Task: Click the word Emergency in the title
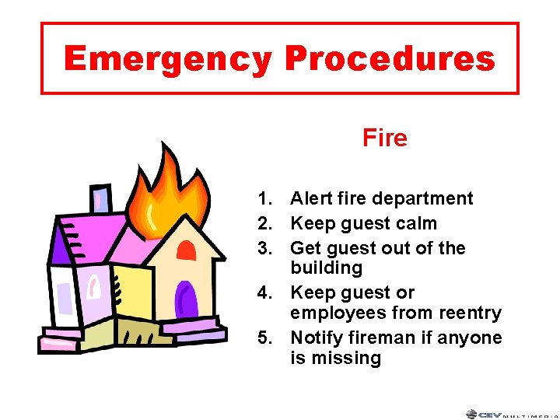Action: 168,58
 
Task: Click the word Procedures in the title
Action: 389,58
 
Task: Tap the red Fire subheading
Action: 384,138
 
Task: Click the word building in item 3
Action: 326,268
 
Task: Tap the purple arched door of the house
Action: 185,300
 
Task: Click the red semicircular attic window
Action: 186,250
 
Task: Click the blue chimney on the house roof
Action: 100,199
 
